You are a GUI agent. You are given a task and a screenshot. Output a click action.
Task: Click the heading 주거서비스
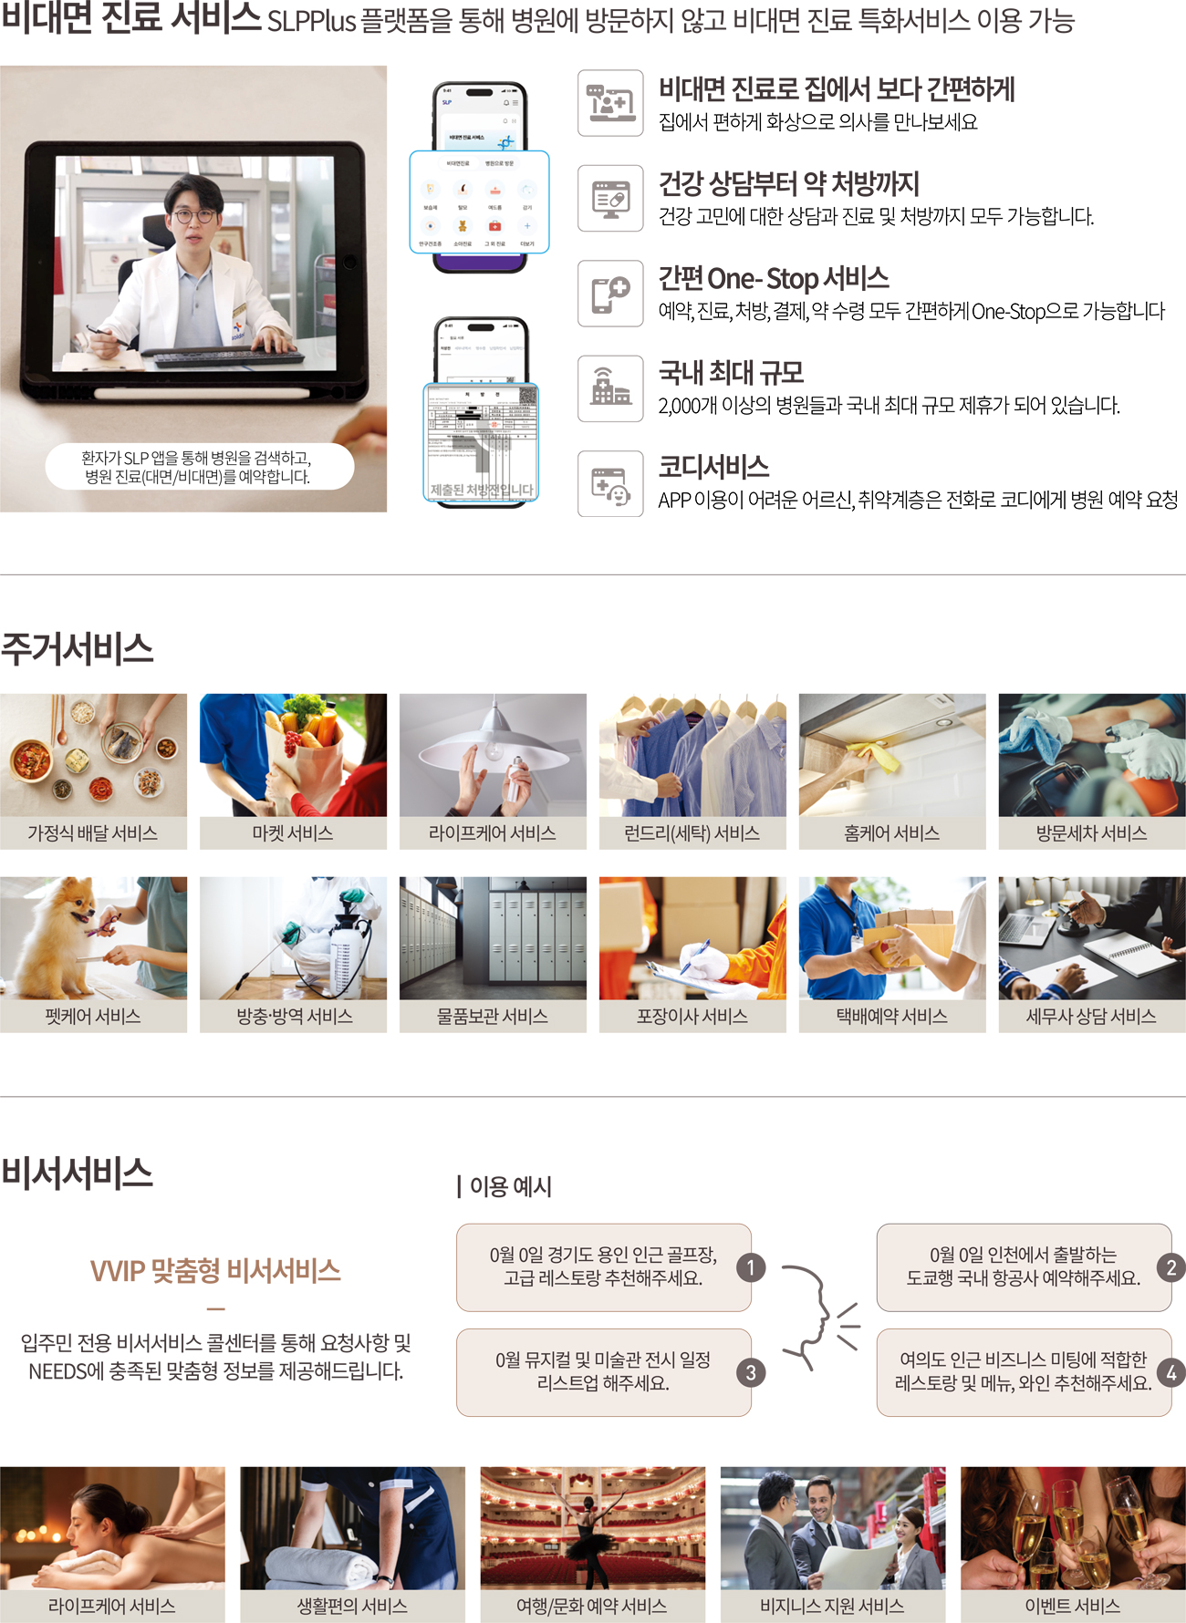pyautogui.click(x=78, y=649)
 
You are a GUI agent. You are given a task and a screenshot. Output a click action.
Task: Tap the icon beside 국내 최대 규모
pyautogui.click(x=610, y=388)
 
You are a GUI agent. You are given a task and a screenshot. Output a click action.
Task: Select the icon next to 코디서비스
pyautogui.click(x=610, y=484)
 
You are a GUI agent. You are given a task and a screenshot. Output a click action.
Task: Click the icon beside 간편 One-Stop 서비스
pyautogui.click(x=610, y=294)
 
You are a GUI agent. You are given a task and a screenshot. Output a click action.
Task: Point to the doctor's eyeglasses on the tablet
pyautogui.click(x=193, y=216)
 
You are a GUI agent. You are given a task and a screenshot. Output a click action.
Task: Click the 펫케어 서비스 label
pyautogui.click(x=93, y=1017)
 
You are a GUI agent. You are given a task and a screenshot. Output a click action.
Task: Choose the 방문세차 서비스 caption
pyautogui.click(x=1091, y=833)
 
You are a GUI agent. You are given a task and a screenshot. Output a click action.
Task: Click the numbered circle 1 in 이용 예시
pyautogui.click(x=751, y=1267)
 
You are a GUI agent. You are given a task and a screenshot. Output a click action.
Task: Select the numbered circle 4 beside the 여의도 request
pyautogui.click(x=1171, y=1372)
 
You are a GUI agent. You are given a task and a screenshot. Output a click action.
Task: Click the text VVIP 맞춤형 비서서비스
pyautogui.click(x=215, y=1270)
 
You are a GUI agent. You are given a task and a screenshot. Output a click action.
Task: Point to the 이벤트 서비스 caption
pyautogui.click(x=1073, y=1607)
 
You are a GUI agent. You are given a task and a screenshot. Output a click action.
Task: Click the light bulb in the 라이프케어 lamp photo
pyautogui.click(x=494, y=750)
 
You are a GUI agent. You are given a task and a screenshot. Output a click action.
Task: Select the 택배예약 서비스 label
pyautogui.click(x=891, y=1017)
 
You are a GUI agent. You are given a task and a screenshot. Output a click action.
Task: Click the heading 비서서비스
pyautogui.click(x=78, y=1173)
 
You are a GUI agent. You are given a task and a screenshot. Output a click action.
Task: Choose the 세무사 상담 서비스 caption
pyautogui.click(x=1091, y=1017)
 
